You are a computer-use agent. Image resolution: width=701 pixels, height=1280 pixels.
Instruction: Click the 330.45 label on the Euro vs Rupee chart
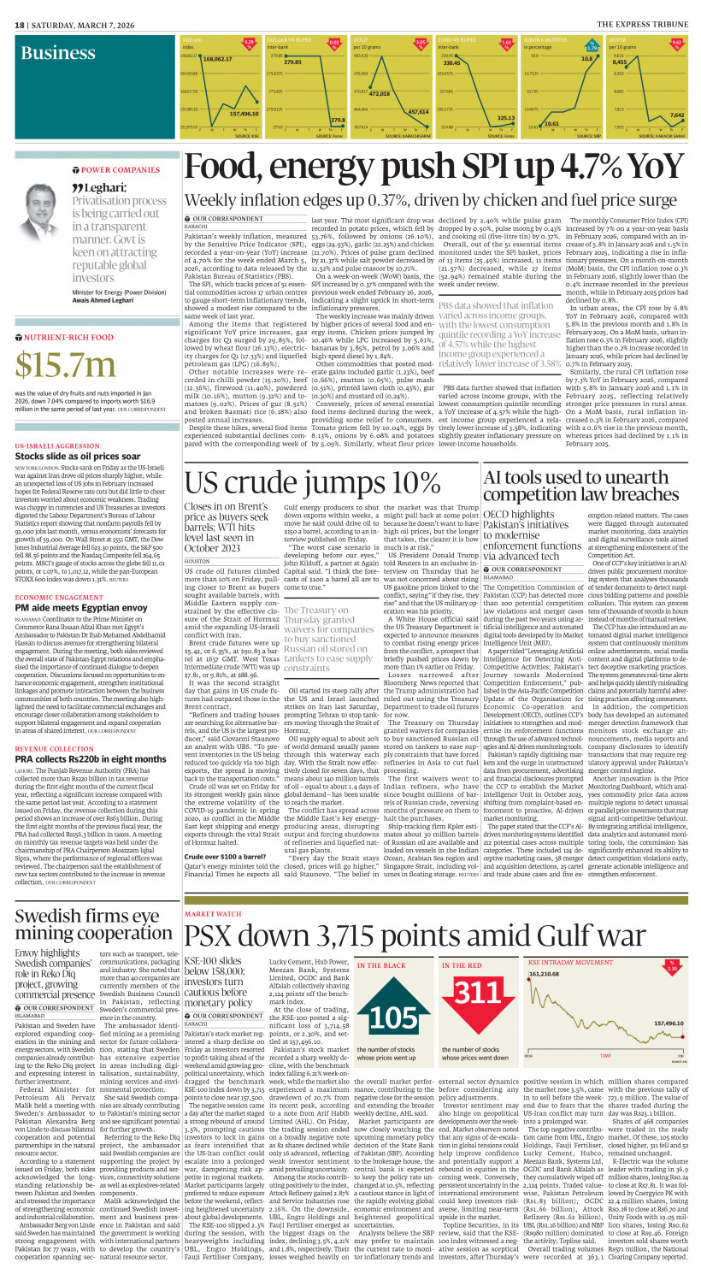click(x=452, y=63)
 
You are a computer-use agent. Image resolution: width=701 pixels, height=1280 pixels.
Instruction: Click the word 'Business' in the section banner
click(x=58, y=53)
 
